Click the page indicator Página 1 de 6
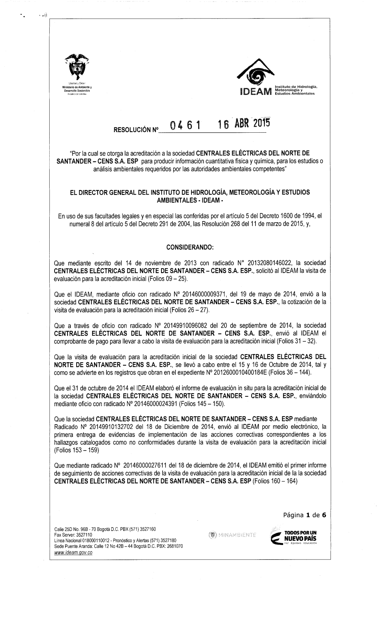click(305, 515)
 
